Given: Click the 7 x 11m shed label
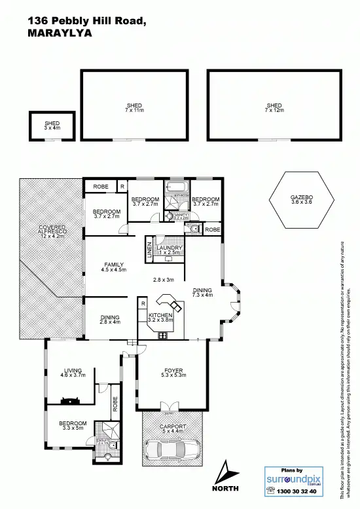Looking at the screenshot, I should point(134,108).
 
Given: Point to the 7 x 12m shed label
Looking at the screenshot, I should point(274,108).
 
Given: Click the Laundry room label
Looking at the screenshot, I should point(169,250).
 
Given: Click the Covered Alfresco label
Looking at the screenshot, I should point(52,232).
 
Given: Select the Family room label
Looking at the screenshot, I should point(113,267).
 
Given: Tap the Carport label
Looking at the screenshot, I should point(173,428).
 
